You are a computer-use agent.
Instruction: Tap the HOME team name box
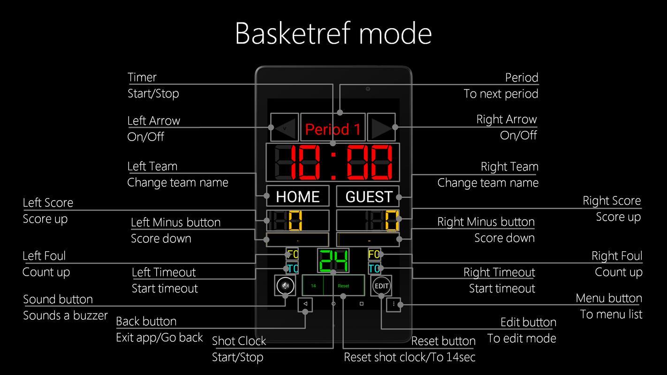(x=297, y=196)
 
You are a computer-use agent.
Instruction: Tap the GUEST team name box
(x=368, y=196)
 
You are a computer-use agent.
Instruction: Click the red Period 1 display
(x=333, y=127)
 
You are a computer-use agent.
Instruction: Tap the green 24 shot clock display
(x=333, y=261)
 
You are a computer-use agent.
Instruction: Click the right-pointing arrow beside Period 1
(x=381, y=127)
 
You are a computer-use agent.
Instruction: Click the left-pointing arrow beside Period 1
(x=285, y=127)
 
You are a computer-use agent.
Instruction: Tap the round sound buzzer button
(x=285, y=286)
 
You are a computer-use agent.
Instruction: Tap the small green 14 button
(x=313, y=286)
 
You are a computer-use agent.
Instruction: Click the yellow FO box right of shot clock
(x=374, y=254)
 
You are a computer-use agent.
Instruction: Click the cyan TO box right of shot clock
(x=374, y=269)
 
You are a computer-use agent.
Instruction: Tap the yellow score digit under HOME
(x=296, y=220)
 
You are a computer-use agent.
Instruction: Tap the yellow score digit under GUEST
(x=392, y=220)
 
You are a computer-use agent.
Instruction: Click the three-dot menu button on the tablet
(x=394, y=304)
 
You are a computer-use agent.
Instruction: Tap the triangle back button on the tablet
(x=305, y=304)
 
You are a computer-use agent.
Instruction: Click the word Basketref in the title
(x=292, y=33)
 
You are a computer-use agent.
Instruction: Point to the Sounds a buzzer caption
(x=66, y=315)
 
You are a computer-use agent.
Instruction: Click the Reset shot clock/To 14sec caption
(x=409, y=357)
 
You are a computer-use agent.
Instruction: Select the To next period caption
(x=501, y=94)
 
